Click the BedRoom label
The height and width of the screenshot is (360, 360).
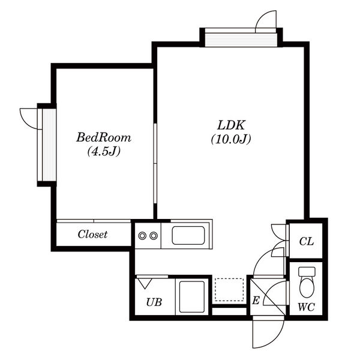pyautogui.click(x=104, y=137)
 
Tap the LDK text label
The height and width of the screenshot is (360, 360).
pyautogui.click(x=231, y=125)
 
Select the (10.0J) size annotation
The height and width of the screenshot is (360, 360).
pyautogui.click(x=231, y=139)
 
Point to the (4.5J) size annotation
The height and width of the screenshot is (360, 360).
pyautogui.click(x=104, y=151)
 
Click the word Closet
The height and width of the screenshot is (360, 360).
pyautogui.click(x=92, y=235)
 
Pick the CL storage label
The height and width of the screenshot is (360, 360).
pyautogui.click(x=306, y=241)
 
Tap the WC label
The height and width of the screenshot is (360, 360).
pyautogui.click(x=306, y=307)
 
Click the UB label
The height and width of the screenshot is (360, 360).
pyautogui.click(x=154, y=302)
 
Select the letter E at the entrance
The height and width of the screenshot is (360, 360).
pyautogui.click(x=256, y=301)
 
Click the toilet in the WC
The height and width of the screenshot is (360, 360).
pyautogui.click(x=307, y=283)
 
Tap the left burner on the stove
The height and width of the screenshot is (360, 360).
pyautogui.click(x=142, y=236)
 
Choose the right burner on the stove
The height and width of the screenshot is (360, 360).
pyautogui.click(x=154, y=236)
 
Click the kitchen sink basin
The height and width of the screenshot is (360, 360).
pyautogui.click(x=188, y=235)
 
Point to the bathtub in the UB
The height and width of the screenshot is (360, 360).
pyautogui.click(x=192, y=296)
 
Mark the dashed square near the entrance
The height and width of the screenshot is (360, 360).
pyautogui.click(x=229, y=290)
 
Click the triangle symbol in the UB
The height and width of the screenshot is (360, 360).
pyautogui.click(x=145, y=283)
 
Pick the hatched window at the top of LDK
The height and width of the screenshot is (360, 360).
pyautogui.click(x=241, y=40)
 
